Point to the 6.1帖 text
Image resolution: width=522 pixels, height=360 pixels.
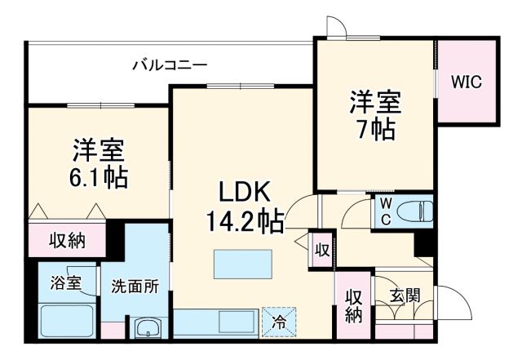97,177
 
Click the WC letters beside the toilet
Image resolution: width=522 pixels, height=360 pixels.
386,211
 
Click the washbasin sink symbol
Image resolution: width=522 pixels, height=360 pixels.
148,329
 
